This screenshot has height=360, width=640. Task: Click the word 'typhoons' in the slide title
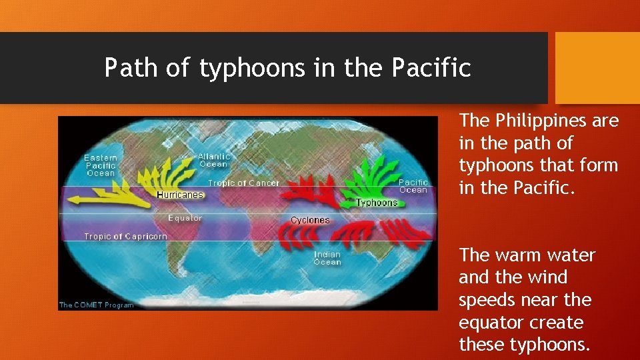pyautogui.click(x=238, y=68)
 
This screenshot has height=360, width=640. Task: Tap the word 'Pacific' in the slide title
pyautogui.click(x=431, y=68)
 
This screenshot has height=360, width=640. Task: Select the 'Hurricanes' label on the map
pyautogui.click(x=180, y=195)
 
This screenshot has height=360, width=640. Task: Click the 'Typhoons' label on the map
pyautogui.click(x=377, y=203)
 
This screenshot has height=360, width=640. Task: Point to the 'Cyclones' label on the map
pyautogui.click(x=310, y=220)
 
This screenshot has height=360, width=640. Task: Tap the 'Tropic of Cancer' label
pyautogui.click(x=243, y=183)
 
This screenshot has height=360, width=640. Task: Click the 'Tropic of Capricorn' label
pyautogui.click(x=125, y=237)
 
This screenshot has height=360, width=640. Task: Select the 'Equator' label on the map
pyautogui.click(x=185, y=218)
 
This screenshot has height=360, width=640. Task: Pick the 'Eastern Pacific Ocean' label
pyautogui.click(x=101, y=165)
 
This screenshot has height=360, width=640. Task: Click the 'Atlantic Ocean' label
pyautogui.click(x=213, y=160)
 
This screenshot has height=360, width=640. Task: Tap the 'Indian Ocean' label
pyautogui.click(x=327, y=258)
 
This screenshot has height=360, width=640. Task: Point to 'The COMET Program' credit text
pyautogui.click(x=96, y=305)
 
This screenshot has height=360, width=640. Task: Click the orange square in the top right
pyautogui.click(x=597, y=68)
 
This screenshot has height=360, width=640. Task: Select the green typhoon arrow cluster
pyautogui.click(x=371, y=177)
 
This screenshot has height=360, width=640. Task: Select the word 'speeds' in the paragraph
pyautogui.click(x=491, y=300)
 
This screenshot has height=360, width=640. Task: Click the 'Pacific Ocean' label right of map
pyautogui.click(x=413, y=186)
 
